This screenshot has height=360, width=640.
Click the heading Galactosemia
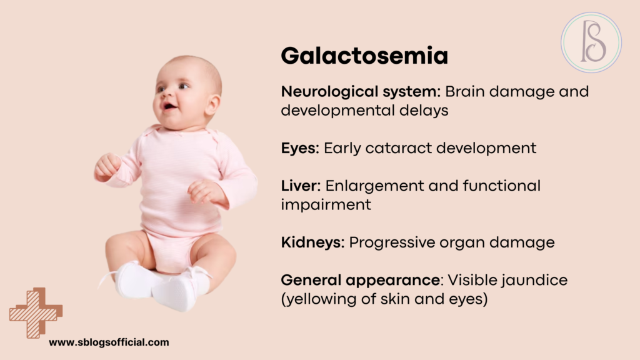click(x=364, y=56)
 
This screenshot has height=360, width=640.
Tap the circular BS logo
click(x=591, y=42)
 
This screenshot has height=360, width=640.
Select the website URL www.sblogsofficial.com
click(x=109, y=342)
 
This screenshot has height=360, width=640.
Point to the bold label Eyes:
click(x=301, y=148)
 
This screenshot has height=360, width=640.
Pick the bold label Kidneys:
click(x=312, y=242)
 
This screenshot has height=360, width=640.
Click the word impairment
click(x=326, y=204)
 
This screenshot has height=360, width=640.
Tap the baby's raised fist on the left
click(x=107, y=166)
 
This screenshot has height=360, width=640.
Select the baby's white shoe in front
click(x=174, y=292)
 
